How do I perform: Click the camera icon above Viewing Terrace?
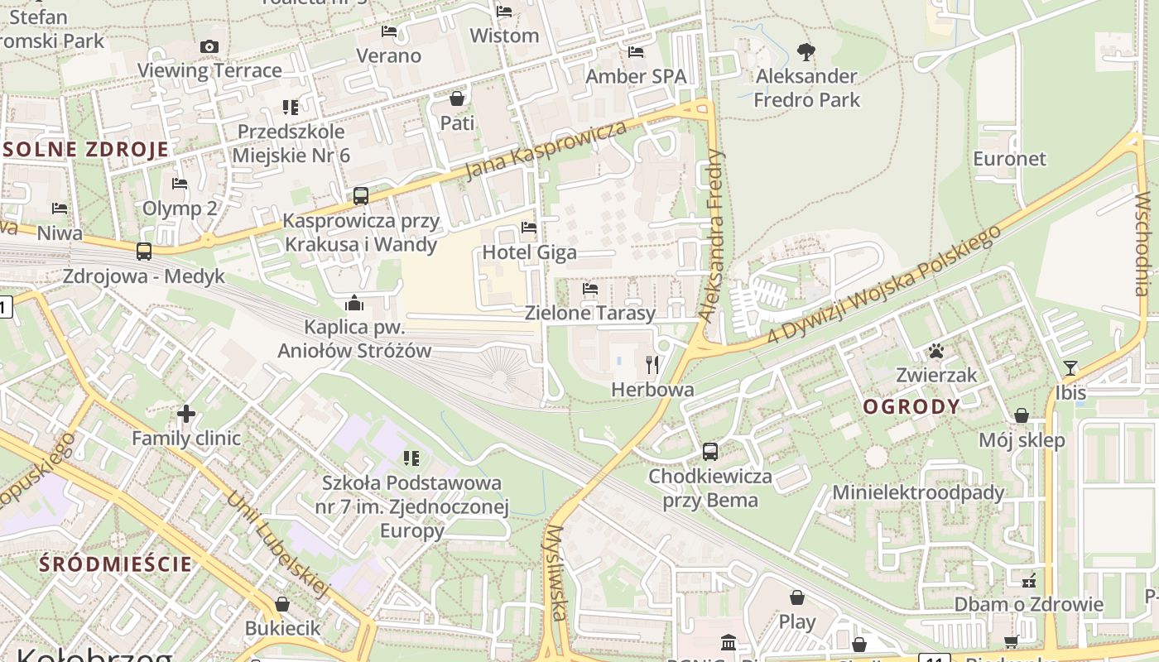click(x=209, y=47)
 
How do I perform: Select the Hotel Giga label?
click(x=529, y=252)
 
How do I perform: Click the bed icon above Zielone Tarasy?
click(x=590, y=289)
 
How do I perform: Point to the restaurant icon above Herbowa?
click(x=652, y=364)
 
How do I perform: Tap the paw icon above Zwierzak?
click(x=936, y=352)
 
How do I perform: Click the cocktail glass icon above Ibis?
click(x=1070, y=368)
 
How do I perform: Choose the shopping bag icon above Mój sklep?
click(x=1022, y=415)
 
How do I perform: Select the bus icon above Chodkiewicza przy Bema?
click(x=710, y=452)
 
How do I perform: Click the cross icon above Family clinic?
click(x=186, y=414)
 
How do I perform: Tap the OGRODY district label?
click(x=911, y=406)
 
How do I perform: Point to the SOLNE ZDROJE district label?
click(x=86, y=150)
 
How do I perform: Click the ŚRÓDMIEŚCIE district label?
click(x=116, y=564)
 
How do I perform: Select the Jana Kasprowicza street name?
click(x=546, y=151)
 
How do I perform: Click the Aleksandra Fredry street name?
click(x=712, y=236)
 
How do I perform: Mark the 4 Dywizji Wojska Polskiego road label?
click(x=885, y=284)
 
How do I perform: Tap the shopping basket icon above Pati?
click(x=457, y=99)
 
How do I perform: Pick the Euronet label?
click(x=1009, y=158)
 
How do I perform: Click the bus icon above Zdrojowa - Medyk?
click(x=144, y=251)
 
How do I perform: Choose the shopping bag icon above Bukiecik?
click(x=282, y=604)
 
